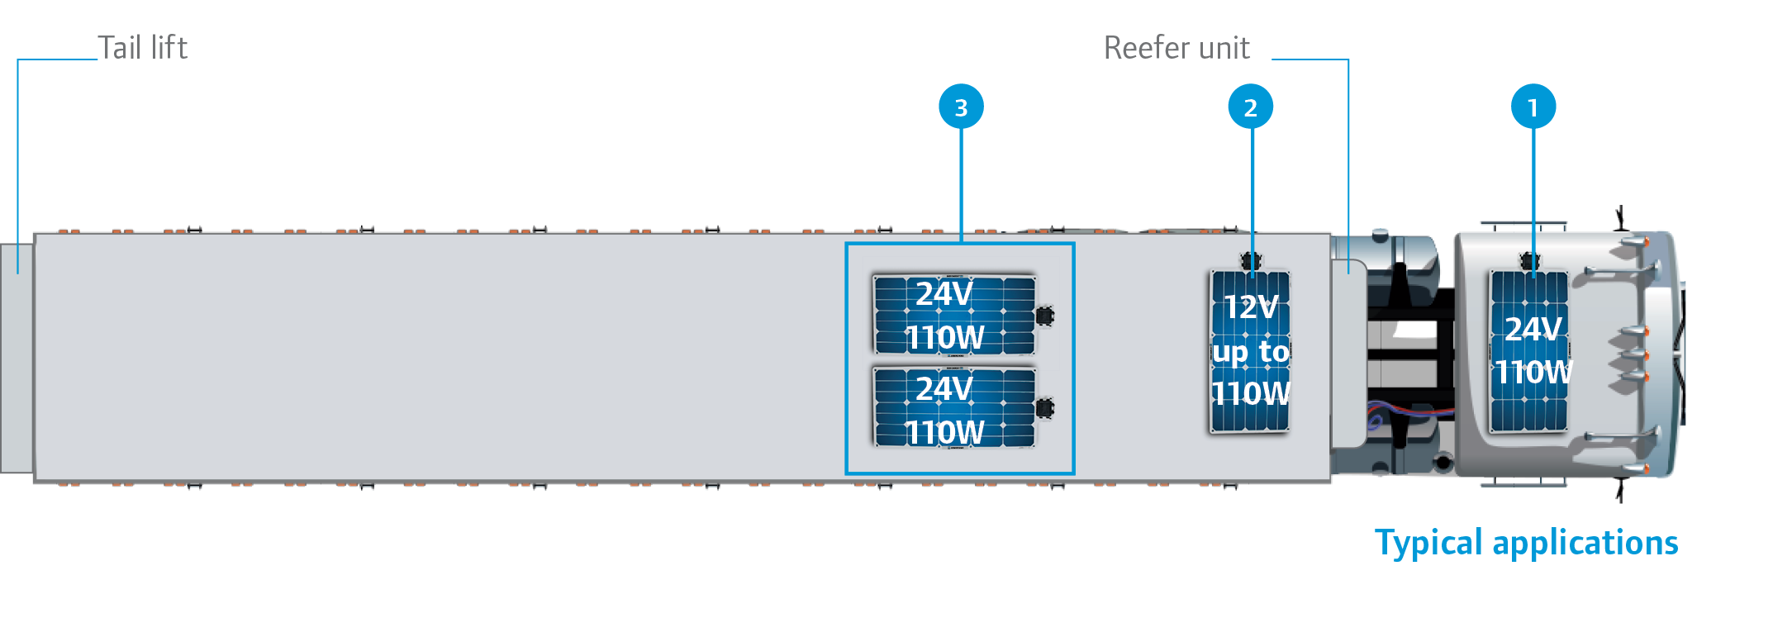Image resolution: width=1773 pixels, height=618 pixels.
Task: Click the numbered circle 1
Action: click(x=1533, y=107)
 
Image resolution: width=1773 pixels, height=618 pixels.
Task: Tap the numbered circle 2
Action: click(x=1250, y=107)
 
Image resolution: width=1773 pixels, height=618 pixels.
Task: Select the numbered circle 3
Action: click(x=961, y=107)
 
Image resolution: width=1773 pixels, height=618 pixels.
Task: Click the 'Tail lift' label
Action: click(x=142, y=48)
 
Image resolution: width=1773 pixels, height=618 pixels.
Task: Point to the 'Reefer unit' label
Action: click(x=1176, y=48)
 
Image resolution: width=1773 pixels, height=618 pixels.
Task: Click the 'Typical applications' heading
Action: click(x=1526, y=543)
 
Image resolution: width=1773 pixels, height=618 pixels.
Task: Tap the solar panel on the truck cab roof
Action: click(x=1528, y=351)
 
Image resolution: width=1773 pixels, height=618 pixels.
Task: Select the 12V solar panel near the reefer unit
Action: click(x=1250, y=351)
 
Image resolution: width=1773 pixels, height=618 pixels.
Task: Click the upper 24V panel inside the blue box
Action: click(x=954, y=315)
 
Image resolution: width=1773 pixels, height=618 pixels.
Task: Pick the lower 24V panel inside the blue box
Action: click(x=954, y=407)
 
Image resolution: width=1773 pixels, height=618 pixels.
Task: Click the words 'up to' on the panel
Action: click(x=1250, y=352)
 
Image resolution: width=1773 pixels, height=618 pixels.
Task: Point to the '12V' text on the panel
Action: click(x=1250, y=307)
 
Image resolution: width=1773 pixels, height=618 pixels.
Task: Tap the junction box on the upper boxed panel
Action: click(x=1045, y=316)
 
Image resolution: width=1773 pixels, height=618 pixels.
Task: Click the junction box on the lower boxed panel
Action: click(x=1045, y=408)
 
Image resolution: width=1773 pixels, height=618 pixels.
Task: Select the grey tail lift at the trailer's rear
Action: click(x=17, y=359)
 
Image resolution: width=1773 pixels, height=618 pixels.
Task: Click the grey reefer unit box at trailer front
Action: click(x=1349, y=353)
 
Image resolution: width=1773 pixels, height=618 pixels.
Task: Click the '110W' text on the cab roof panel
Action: click(x=1533, y=373)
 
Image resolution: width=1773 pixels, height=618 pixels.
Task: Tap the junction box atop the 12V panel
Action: click(x=1252, y=262)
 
